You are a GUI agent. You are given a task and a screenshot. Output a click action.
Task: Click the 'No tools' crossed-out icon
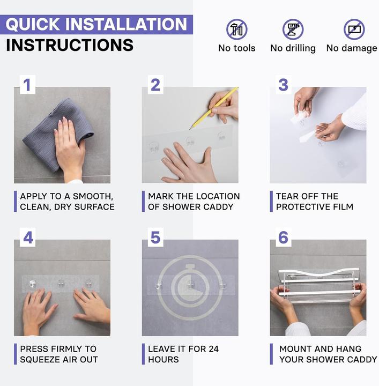point(237,29)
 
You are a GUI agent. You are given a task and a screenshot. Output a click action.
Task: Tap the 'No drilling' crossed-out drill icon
point(293,29)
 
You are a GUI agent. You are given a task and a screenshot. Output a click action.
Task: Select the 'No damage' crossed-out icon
point(354,29)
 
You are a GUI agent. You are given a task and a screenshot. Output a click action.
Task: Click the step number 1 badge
point(27,85)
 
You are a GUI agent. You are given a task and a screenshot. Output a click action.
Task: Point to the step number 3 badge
point(284,85)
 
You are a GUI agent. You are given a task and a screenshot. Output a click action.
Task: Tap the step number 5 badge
point(155,237)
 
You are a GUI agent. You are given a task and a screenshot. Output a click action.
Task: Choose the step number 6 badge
point(284,237)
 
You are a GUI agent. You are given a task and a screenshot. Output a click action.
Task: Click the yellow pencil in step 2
point(213,108)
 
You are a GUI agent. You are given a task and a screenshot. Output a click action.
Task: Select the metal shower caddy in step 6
point(319,286)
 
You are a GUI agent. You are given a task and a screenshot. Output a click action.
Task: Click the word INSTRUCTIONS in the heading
point(70,45)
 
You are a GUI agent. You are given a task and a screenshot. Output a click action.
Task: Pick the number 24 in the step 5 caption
point(213,349)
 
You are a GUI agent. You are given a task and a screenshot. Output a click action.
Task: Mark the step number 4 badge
point(27,237)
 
